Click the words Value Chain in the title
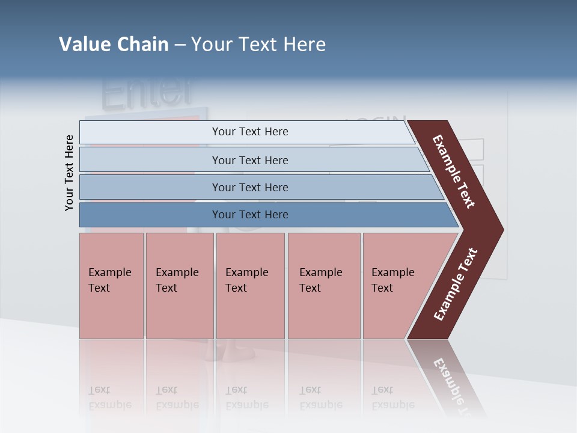coord(114,45)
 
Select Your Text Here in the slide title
coord(258,45)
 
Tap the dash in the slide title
coord(180,45)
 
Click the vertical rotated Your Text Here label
coord(69,173)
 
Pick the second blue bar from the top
coord(249,160)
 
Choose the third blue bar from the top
coord(249,187)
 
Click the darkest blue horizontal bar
coord(249,215)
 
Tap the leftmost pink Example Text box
coord(111,286)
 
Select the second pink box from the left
coord(179,286)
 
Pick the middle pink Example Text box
coord(250,286)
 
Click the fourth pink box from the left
coord(323,286)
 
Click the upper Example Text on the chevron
coord(454,171)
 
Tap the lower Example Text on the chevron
coord(456,284)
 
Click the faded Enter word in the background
coord(148,91)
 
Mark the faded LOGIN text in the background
coord(379,120)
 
